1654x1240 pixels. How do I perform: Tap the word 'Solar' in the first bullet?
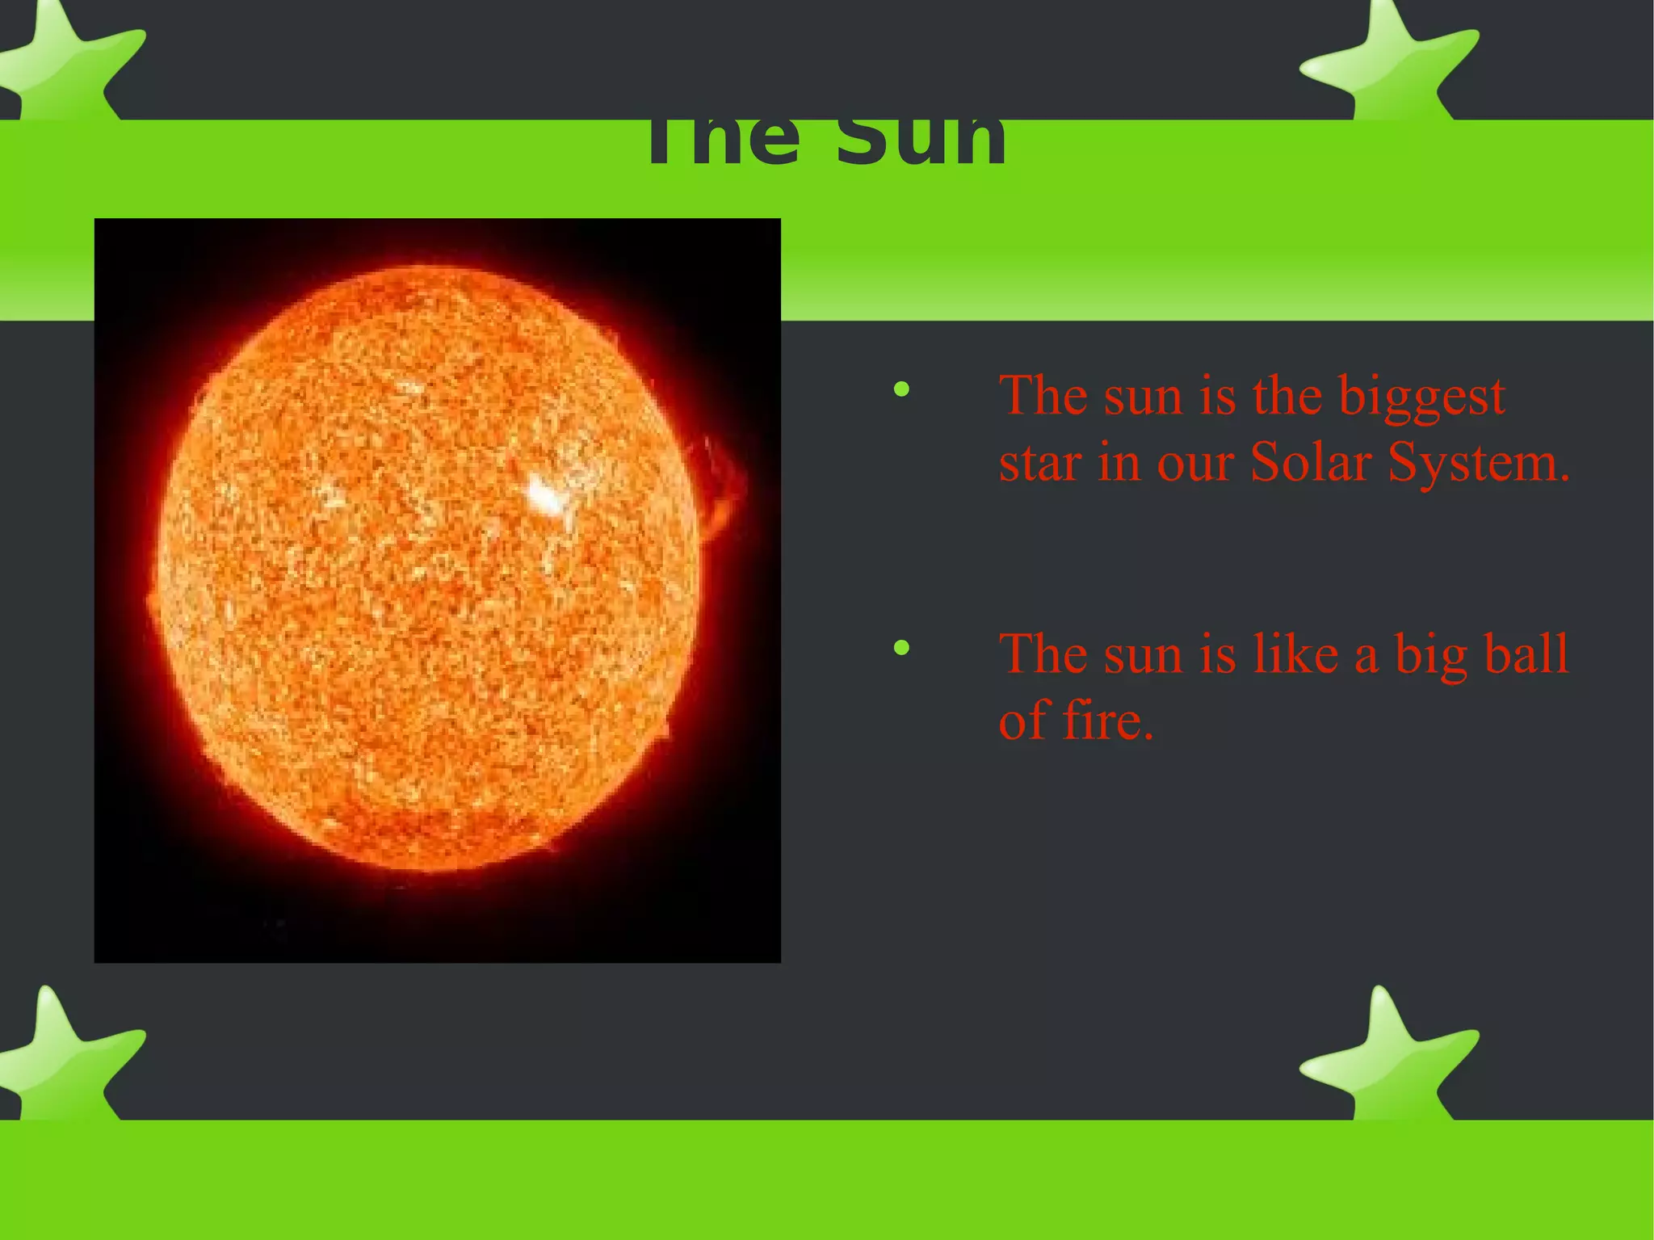(x=1311, y=463)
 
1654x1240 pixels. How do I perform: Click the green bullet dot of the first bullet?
(x=901, y=391)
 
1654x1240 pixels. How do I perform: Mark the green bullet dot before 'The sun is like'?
(x=901, y=648)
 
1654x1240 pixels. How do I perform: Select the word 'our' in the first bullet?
(x=1195, y=464)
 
